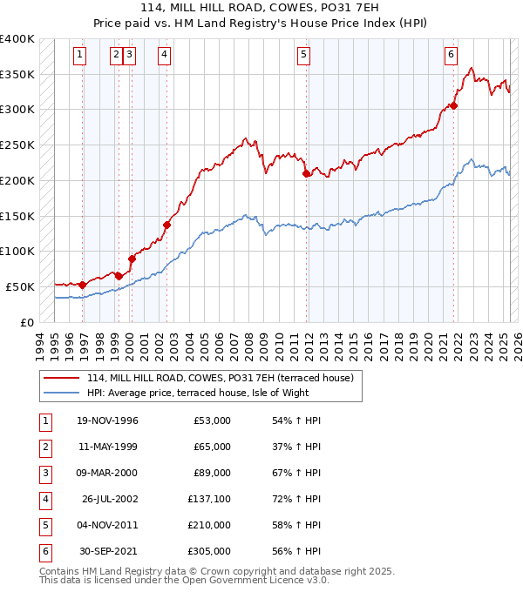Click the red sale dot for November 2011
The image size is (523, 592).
(307, 174)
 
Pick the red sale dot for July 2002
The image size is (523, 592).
(166, 225)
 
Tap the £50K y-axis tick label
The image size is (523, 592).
(21, 286)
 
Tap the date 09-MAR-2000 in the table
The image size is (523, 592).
(106, 472)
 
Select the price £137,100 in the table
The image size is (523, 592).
(209, 499)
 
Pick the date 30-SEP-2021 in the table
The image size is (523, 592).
(107, 551)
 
